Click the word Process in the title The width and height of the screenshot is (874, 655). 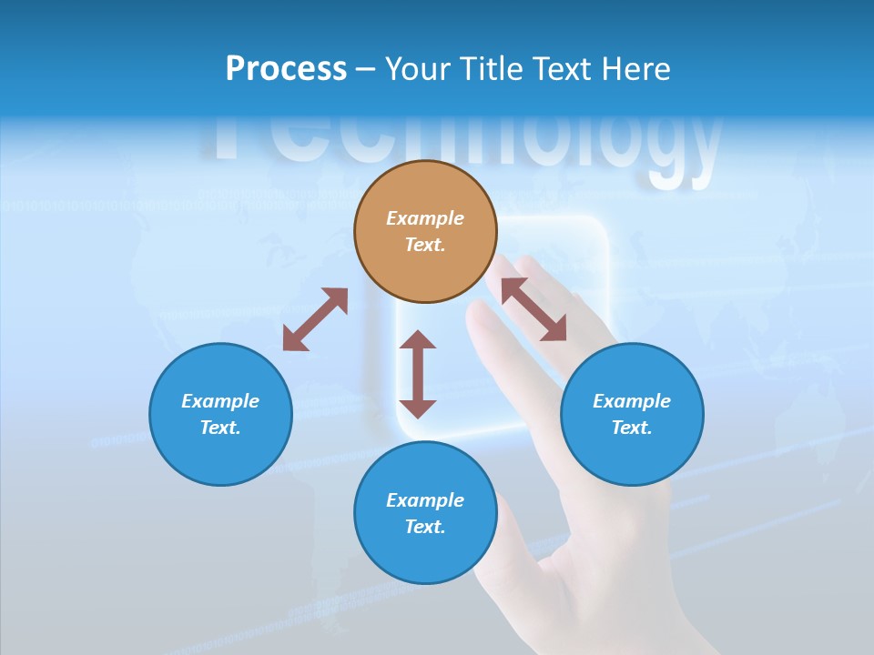tap(286, 69)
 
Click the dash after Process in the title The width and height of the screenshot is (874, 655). tap(365, 70)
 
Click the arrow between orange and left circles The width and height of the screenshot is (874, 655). tap(315, 319)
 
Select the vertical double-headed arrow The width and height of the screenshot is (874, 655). tap(418, 374)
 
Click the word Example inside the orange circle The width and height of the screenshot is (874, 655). tap(425, 218)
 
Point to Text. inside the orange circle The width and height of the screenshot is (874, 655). tap(425, 245)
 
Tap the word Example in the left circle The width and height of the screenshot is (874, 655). tap(220, 401)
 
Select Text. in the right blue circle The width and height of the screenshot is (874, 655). tap(632, 428)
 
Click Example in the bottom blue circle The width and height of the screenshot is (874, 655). tap(425, 500)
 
